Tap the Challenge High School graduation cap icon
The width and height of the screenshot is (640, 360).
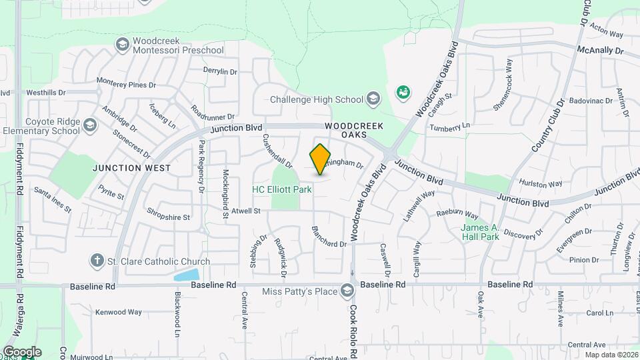click(373, 100)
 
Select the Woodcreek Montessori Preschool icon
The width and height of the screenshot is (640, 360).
click(122, 45)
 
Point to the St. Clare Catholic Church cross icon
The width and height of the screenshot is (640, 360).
click(97, 261)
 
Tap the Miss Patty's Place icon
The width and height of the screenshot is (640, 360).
click(347, 290)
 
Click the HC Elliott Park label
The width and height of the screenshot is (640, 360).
click(282, 190)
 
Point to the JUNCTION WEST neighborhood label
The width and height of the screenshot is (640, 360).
click(131, 168)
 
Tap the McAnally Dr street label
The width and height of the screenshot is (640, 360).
click(600, 51)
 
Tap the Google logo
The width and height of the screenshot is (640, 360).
click(21, 351)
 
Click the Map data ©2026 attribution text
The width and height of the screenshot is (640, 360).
click(611, 355)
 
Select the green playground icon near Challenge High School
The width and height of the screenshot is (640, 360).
click(403, 92)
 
